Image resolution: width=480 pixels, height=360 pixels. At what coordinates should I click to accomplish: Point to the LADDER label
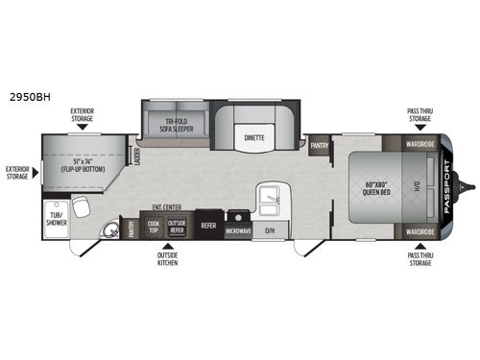coord(138,157)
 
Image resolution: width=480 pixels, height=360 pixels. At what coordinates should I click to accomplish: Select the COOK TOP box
coord(154,226)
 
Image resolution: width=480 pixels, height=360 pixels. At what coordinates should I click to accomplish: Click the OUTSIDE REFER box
coord(177,226)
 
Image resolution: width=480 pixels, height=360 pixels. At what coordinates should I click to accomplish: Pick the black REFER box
coord(208,227)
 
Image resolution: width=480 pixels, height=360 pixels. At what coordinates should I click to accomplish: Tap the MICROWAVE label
coord(239,231)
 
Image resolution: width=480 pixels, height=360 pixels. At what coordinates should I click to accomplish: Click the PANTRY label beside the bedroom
coord(320,147)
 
